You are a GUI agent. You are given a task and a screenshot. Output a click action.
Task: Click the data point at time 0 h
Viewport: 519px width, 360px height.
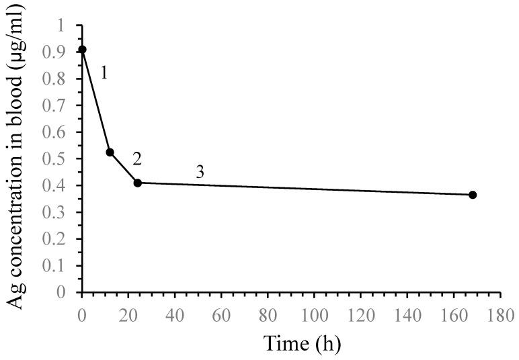[82, 50]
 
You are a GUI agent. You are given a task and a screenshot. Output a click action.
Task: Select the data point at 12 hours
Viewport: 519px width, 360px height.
[110, 152]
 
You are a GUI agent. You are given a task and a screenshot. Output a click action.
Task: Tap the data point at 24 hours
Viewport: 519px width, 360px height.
[138, 183]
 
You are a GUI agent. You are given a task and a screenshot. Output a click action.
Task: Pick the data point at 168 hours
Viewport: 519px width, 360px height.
[473, 195]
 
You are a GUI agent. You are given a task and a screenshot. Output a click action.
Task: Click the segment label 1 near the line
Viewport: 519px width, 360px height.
[104, 73]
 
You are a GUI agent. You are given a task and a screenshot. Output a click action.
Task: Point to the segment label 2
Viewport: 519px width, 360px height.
[137, 159]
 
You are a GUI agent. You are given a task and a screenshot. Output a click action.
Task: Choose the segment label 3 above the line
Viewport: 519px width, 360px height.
[200, 172]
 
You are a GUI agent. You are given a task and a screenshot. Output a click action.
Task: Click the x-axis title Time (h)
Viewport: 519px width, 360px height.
[293, 343]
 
